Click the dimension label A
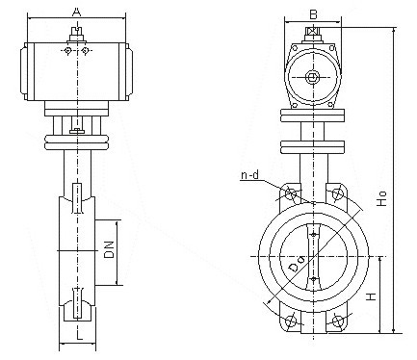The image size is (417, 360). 76,12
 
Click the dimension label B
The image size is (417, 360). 313,14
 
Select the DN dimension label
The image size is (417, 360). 109,249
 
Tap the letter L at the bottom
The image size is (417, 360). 79,335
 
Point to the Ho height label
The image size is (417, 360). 381,198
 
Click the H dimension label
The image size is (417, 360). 371,296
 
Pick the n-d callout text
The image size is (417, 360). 249,175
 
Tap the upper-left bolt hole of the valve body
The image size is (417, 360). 292,193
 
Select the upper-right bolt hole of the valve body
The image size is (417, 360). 338,193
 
